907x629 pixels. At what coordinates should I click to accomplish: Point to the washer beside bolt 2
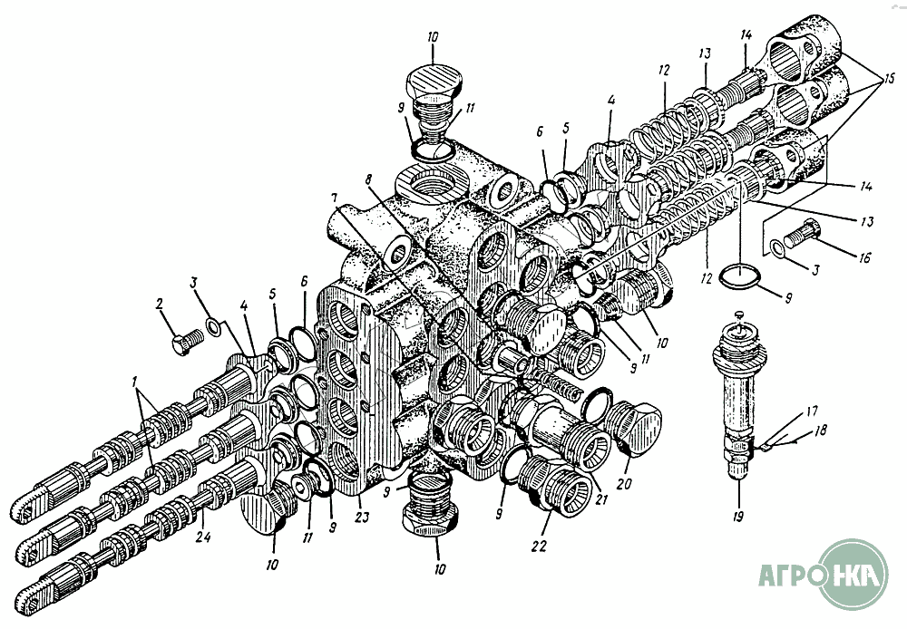pos(214,323)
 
